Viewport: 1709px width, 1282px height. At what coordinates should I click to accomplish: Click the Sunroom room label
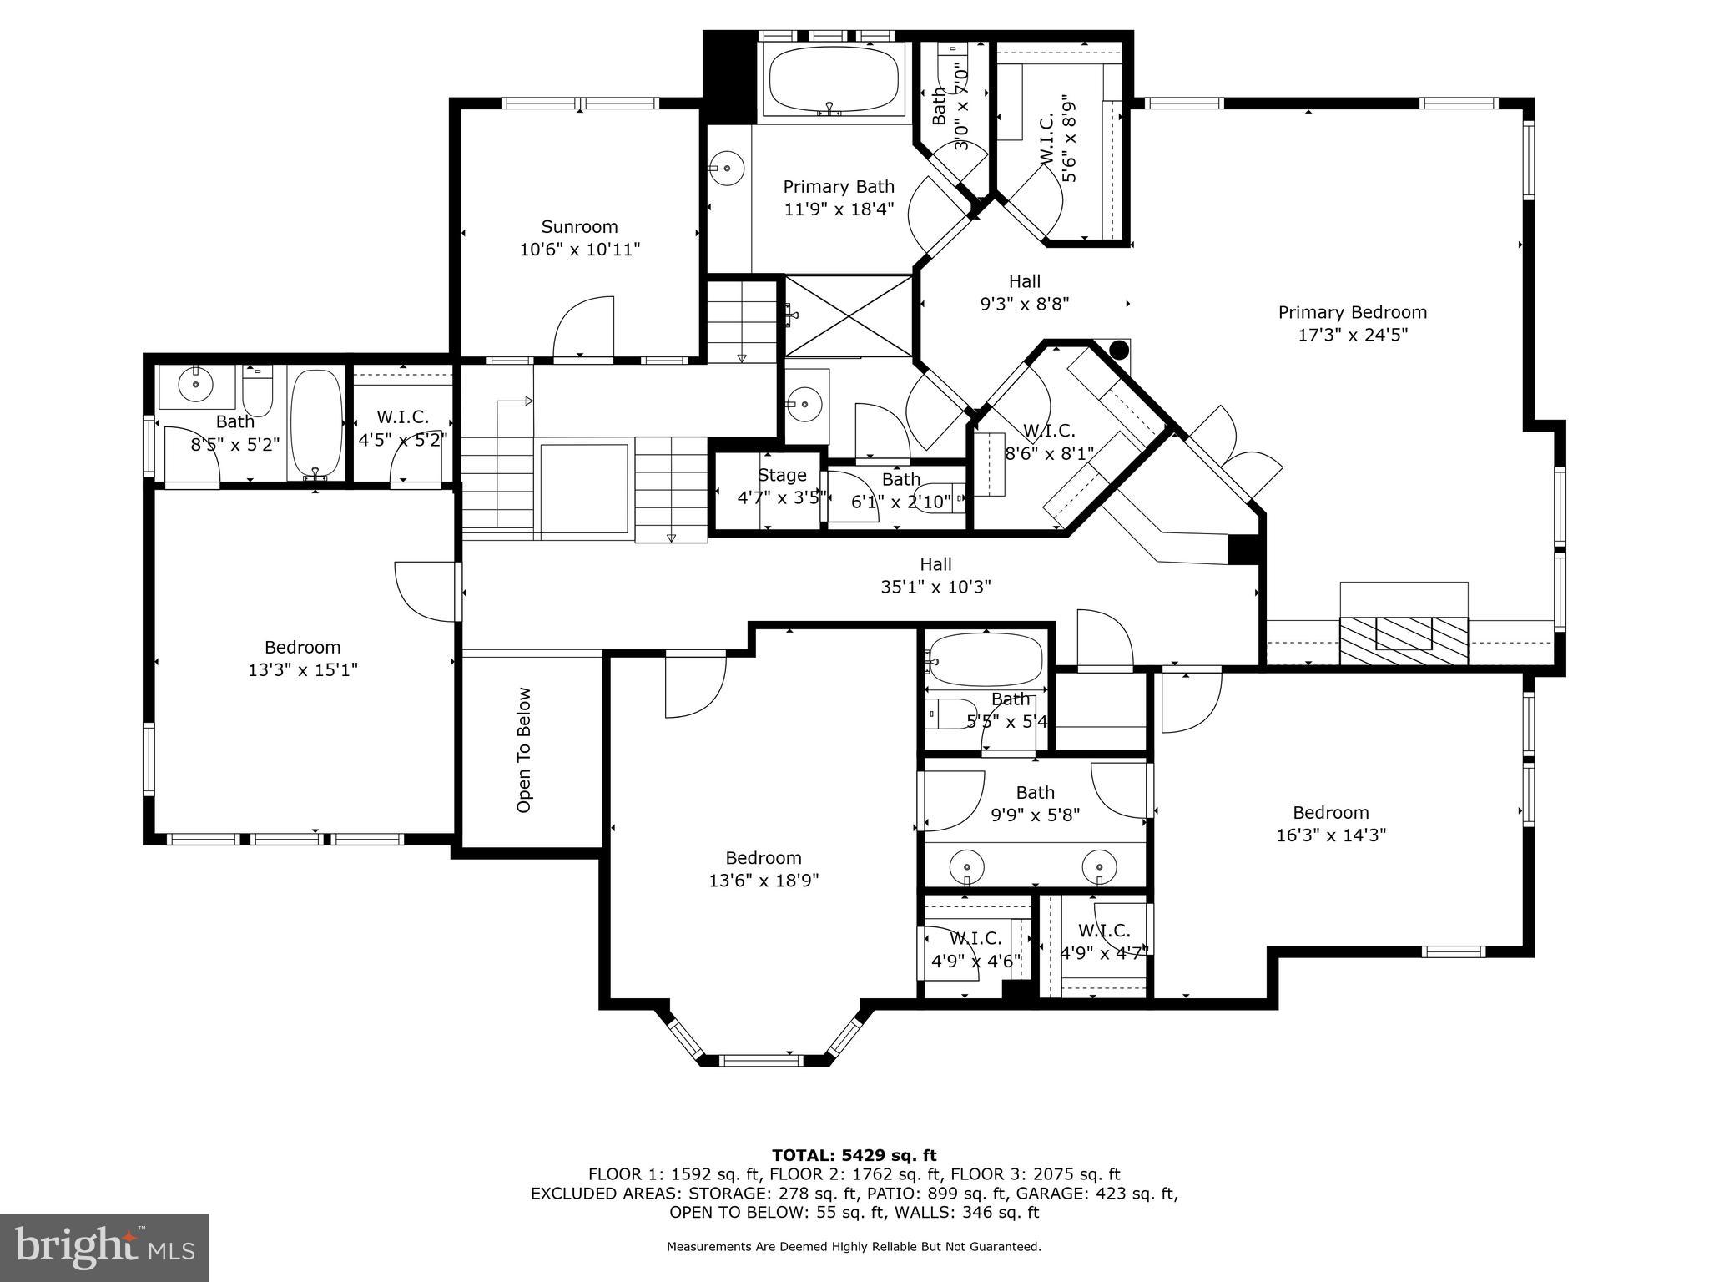(579, 227)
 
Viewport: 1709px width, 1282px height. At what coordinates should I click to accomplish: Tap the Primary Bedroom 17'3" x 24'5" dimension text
(1352, 335)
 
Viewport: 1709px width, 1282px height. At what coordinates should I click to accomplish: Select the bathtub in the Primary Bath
(833, 82)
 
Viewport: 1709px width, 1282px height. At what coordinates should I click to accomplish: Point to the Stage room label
(782, 475)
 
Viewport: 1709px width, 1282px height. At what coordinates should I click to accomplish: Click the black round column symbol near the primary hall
(1118, 349)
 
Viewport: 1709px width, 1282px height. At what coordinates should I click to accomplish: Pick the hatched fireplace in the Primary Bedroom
(1404, 640)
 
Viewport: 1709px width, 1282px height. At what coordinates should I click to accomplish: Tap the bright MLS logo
(104, 1247)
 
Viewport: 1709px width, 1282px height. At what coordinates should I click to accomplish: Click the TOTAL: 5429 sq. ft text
(854, 1155)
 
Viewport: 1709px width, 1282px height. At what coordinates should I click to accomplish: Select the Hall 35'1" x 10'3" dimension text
(935, 587)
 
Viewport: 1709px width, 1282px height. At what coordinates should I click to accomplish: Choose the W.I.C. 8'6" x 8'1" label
(1049, 442)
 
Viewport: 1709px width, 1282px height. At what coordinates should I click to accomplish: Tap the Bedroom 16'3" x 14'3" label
(1330, 824)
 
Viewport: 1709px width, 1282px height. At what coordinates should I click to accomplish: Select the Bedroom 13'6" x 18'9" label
(763, 869)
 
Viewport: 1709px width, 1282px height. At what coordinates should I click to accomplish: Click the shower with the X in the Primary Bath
(849, 316)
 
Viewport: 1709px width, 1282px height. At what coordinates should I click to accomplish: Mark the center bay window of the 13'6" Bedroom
(760, 1061)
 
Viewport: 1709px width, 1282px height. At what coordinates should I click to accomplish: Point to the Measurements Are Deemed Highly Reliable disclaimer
(854, 1247)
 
